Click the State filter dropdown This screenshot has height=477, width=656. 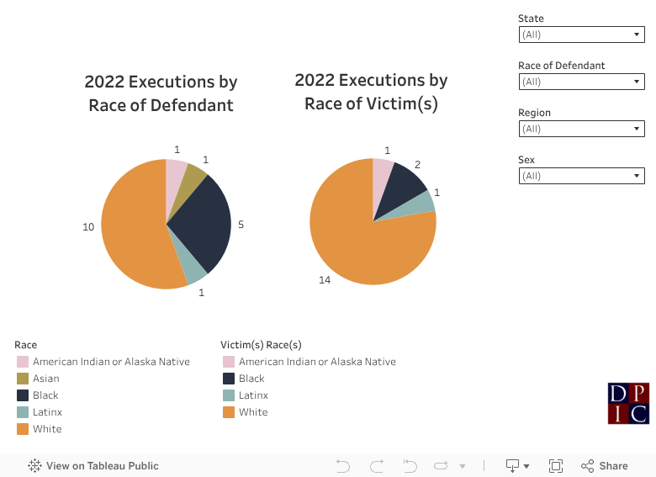pos(581,34)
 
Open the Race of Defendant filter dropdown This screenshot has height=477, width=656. pos(581,82)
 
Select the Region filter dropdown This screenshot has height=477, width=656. pos(581,129)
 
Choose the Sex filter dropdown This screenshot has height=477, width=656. pos(581,176)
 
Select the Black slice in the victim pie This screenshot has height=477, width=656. pos(406,181)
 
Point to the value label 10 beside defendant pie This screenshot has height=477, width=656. pos(88,227)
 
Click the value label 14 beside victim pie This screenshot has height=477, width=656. pos(325,279)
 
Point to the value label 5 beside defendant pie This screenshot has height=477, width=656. pos(241,225)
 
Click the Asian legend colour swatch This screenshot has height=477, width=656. pos(23,379)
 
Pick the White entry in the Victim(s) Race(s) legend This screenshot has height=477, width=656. pos(253,412)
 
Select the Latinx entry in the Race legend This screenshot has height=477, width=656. pos(47,412)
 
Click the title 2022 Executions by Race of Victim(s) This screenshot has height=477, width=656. pos(371,92)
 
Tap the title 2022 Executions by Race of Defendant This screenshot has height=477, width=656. pos(161,93)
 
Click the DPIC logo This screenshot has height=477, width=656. pos(628,403)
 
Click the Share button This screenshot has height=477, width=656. pos(605,466)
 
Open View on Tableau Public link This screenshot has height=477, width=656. pos(93,466)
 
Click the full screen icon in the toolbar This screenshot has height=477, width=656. pos(555,466)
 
